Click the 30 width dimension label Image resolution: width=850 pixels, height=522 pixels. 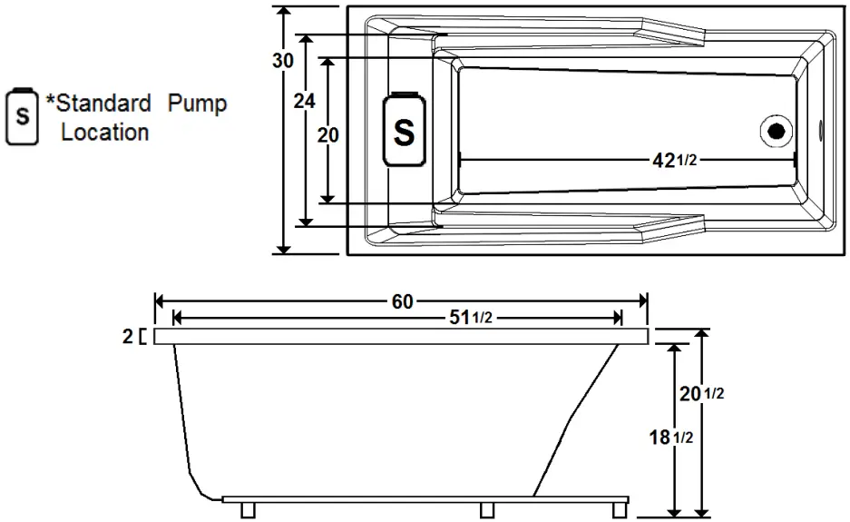pyautogui.click(x=283, y=61)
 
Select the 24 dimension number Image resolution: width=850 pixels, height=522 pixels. pyautogui.click(x=305, y=102)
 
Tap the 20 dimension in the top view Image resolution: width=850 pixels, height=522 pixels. pyautogui.click(x=328, y=135)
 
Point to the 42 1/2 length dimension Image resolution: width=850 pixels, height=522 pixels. pyautogui.click(x=676, y=160)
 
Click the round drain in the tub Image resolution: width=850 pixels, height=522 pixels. pyautogui.click(x=775, y=131)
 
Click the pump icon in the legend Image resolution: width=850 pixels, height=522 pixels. pyautogui.click(x=22, y=117)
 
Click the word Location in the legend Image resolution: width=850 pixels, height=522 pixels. pyautogui.click(x=104, y=133)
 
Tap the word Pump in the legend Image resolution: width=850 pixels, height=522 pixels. pyautogui.click(x=197, y=103)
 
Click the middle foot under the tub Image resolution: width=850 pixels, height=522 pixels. pyautogui.click(x=486, y=509)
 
